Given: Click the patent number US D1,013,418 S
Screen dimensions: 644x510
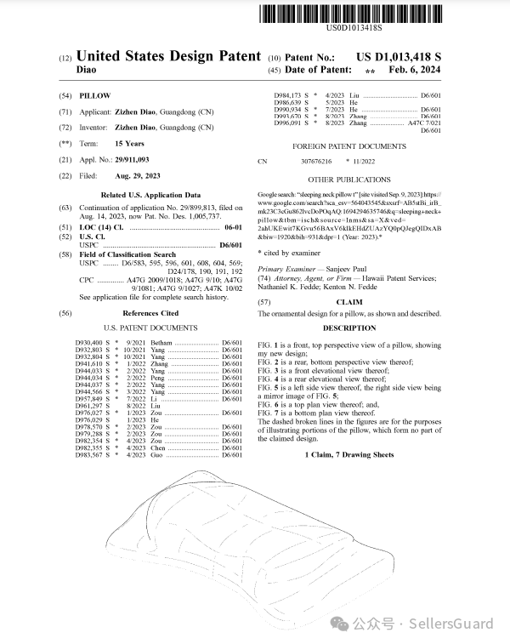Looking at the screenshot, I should coord(411,56).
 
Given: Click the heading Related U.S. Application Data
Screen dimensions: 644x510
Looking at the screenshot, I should coord(151,195).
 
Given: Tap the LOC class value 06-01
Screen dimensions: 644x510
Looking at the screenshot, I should coord(232,228).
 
